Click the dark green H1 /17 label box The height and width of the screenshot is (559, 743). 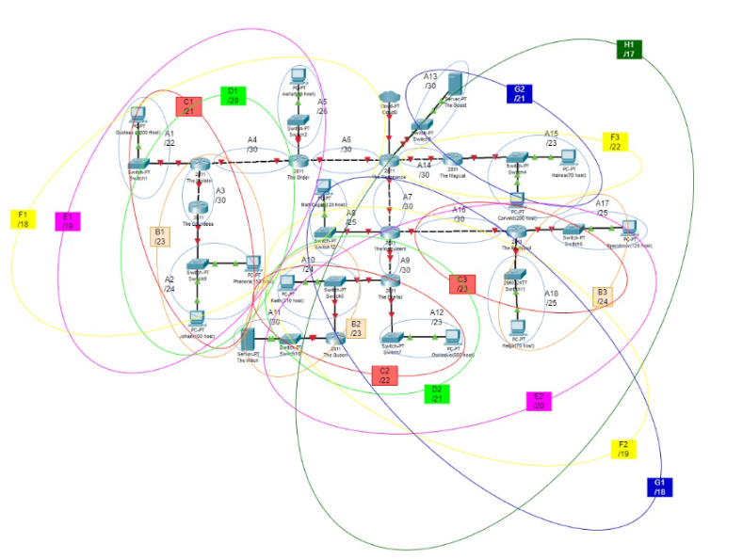629,49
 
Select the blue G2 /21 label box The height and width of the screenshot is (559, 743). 519,93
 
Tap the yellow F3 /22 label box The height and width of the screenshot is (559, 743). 615,141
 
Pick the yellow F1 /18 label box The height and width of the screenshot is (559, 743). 22,219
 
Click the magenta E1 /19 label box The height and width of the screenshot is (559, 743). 68,221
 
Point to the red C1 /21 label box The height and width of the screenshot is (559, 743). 187,106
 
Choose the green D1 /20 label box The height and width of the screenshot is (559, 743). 233,95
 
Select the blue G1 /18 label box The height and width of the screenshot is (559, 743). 659,487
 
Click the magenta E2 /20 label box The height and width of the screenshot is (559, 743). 538,401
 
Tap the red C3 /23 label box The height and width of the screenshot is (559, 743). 461,284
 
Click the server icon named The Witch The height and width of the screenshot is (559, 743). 248,340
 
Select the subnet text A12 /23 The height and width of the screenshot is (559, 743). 436,317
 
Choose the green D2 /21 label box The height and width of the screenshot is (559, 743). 436,393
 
